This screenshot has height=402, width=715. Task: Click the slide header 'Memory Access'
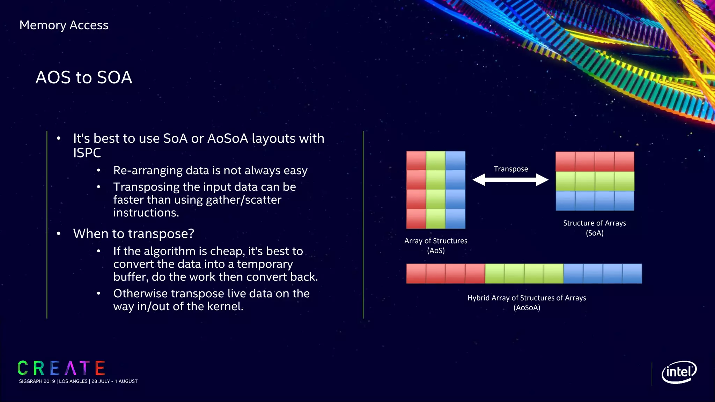pyautogui.click(x=64, y=25)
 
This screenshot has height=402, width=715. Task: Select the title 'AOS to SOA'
pyautogui.click(x=84, y=77)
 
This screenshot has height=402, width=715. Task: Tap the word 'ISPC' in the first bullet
pyautogui.click(x=87, y=153)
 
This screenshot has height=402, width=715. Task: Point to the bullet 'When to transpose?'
pyautogui.click(x=133, y=233)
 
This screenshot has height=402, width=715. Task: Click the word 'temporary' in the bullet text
pyautogui.click(x=265, y=264)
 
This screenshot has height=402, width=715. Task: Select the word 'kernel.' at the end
pyautogui.click(x=225, y=306)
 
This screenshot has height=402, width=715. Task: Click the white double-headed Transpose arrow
pyautogui.click(x=510, y=180)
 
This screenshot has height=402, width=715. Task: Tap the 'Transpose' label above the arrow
pyautogui.click(x=511, y=169)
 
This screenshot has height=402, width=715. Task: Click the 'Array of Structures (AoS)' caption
pyautogui.click(x=436, y=245)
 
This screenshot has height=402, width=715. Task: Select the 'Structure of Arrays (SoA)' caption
pyautogui.click(x=595, y=228)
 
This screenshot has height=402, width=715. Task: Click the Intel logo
pyautogui.click(x=679, y=372)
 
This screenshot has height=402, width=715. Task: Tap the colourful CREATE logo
pyautogui.click(x=61, y=368)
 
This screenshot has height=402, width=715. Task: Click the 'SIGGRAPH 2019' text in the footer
pyautogui.click(x=37, y=381)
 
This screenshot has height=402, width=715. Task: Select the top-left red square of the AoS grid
pyautogui.click(x=416, y=161)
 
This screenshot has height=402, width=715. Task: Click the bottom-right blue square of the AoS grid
pyautogui.click(x=455, y=219)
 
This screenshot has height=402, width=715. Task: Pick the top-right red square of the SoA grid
pyautogui.click(x=624, y=162)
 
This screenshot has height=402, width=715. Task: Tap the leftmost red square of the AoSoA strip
pyautogui.click(x=416, y=274)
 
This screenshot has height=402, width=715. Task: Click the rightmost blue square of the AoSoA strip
pyautogui.click(x=632, y=274)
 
